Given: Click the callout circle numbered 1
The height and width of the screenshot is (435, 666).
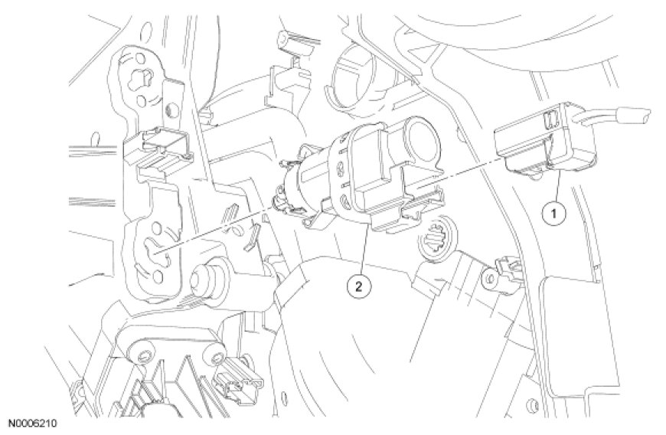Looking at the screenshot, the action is coord(553,213).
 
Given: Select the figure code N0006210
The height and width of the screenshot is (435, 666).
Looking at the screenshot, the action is coord(33,424).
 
